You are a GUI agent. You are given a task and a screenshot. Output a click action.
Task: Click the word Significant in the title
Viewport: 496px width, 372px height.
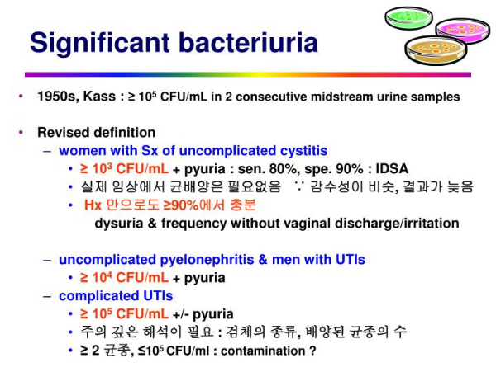(x=100, y=44)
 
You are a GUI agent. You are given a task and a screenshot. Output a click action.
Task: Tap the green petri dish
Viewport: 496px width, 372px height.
(x=408, y=18)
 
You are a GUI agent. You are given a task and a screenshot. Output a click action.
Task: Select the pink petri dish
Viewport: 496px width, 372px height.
(x=462, y=30)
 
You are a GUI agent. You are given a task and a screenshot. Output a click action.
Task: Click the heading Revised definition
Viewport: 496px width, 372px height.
(x=96, y=133)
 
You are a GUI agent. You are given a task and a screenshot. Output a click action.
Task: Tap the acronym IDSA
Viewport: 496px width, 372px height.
(x=392, y=169)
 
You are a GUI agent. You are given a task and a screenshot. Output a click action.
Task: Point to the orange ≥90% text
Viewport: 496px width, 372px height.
(x=180, y=205)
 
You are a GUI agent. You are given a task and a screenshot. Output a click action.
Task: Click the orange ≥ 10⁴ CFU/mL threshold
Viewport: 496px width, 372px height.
(x=124, y=278)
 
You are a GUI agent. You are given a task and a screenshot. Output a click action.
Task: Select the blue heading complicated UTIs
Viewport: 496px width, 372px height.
(x=116, y=296)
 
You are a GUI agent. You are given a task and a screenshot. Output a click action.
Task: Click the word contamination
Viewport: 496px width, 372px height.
(x=263, y=351)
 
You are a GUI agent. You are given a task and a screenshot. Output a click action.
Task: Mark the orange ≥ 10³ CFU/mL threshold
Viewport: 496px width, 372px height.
(x=124, y=169)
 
